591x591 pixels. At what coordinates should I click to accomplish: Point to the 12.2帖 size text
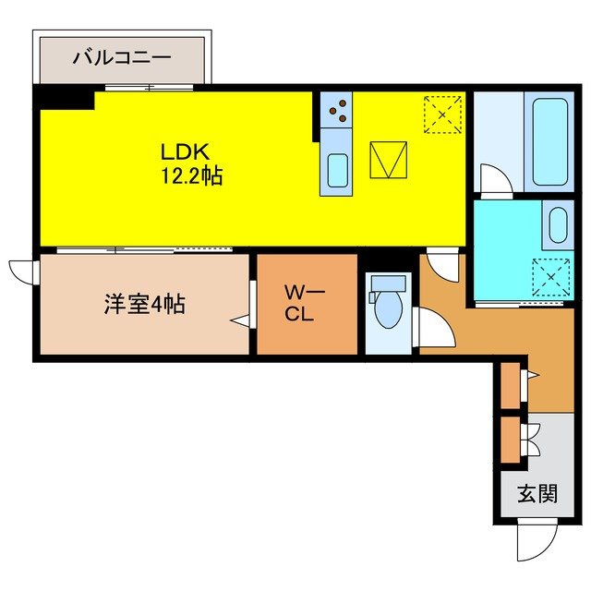point(192,175)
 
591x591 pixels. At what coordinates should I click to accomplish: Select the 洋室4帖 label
point(144,303)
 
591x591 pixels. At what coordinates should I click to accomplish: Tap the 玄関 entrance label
point(537,494)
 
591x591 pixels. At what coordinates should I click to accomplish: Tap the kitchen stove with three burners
point(337,112)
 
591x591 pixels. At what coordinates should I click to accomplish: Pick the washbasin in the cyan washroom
point(557,224)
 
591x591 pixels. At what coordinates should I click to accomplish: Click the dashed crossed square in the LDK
point(443,115)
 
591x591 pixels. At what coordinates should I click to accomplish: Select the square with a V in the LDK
point(389,160)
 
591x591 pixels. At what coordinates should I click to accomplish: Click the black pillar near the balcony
point(65,97)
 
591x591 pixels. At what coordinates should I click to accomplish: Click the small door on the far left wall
point(20,270)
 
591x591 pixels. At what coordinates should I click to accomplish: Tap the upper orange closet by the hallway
point(511,386)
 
